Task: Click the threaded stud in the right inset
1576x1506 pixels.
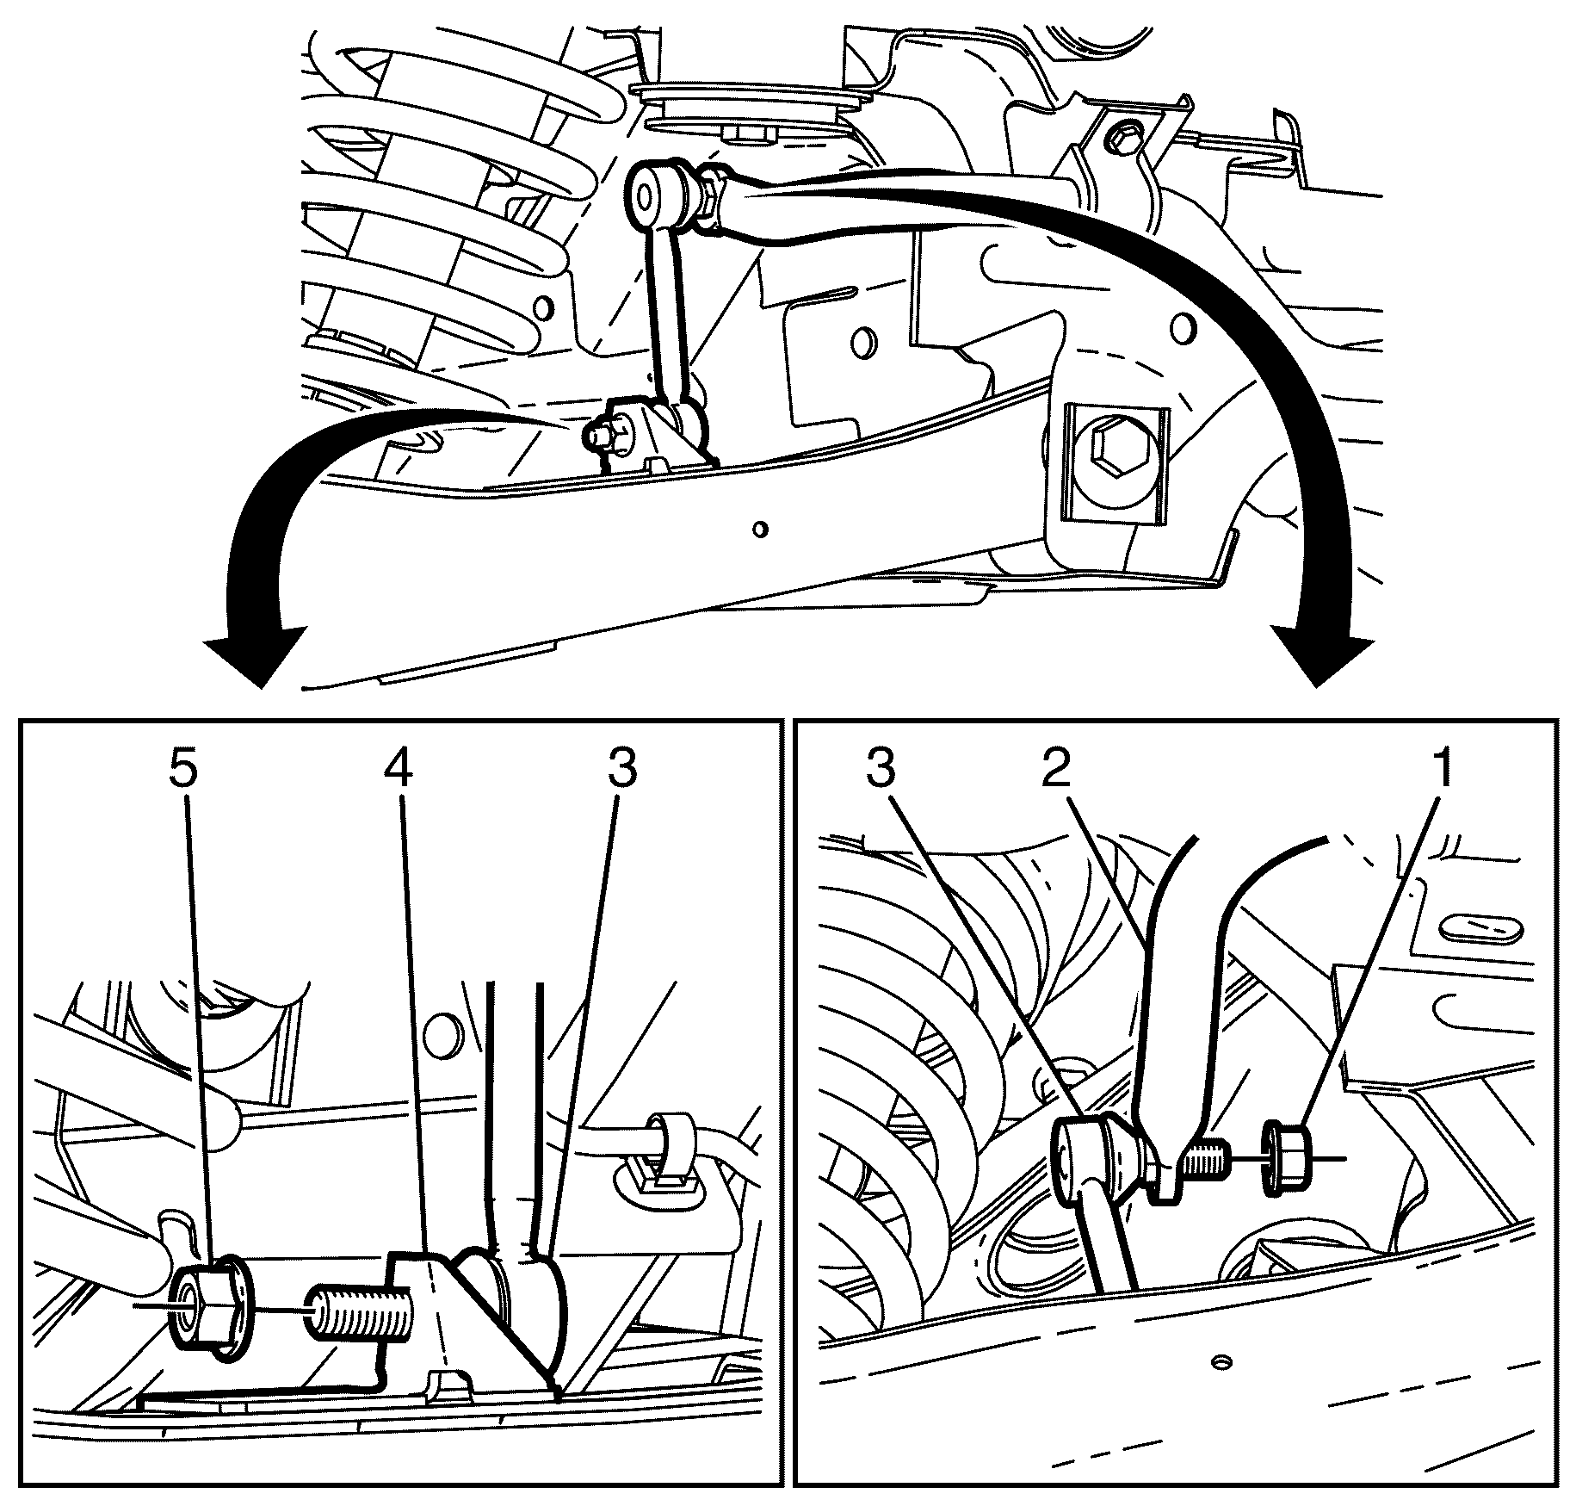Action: [1206, 1154]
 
